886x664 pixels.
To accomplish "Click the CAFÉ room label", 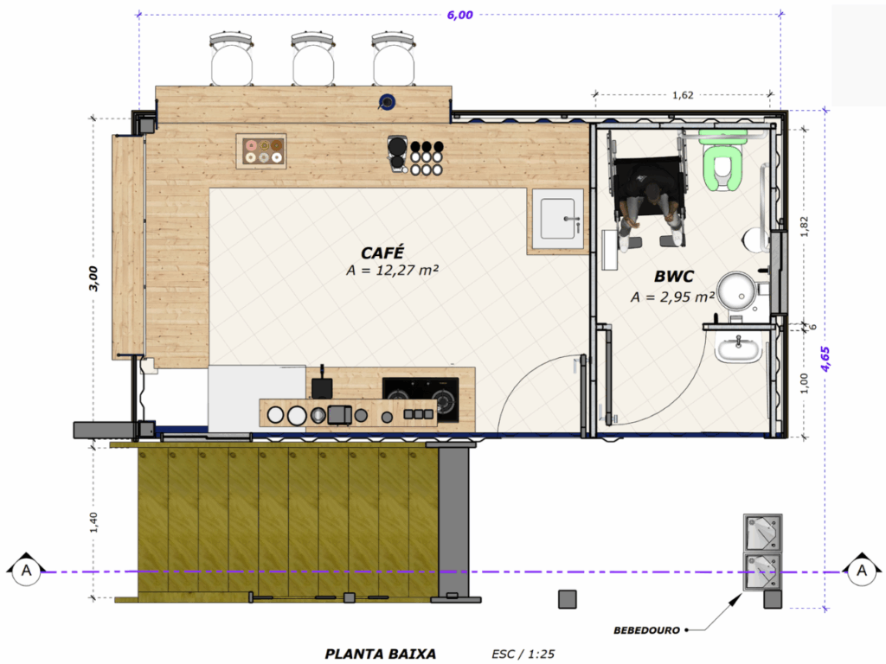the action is [382, 252].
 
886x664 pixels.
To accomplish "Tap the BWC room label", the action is [673, 276].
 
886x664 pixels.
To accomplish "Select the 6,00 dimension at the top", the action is [460, 15].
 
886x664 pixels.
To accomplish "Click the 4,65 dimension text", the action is [825, 359].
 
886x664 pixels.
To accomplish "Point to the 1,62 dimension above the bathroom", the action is [683, 95].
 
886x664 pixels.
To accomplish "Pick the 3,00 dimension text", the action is [93, 278].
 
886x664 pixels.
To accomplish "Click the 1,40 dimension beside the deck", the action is [93, 522].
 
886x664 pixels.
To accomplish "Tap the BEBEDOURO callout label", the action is [646, 630].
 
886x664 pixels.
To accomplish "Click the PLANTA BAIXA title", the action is [381, 654].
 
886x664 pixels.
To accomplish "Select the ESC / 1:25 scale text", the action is [523, 654].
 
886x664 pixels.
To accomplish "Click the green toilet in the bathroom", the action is [722, 162].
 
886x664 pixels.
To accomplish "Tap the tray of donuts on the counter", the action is [261, 150].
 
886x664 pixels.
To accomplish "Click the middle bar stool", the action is [312, 60].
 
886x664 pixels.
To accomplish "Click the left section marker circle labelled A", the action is [26, 571].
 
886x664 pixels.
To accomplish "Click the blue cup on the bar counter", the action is [387, 102].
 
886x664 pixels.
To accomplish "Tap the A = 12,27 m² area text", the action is [392, 271].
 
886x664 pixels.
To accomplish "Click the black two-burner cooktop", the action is [421, 399].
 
